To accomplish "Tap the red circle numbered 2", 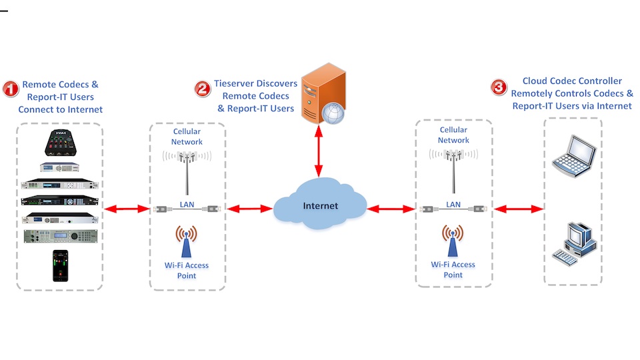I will (x=202, y=88).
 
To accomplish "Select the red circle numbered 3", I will (x=498, y=87).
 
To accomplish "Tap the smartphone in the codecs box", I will (x=60, y=265).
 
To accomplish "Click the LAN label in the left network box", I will (x=187, y=204).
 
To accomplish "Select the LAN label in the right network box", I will (x=453, y=204).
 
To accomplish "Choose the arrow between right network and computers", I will (x=517, y=209).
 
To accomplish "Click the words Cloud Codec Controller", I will (x=572, y=81).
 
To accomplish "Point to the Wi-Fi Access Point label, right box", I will (x=453, y=269).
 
